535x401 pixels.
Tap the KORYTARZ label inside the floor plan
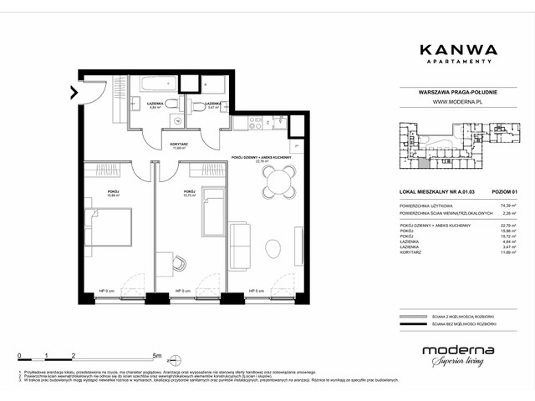(177, 144)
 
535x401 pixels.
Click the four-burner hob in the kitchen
(252, 125)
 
